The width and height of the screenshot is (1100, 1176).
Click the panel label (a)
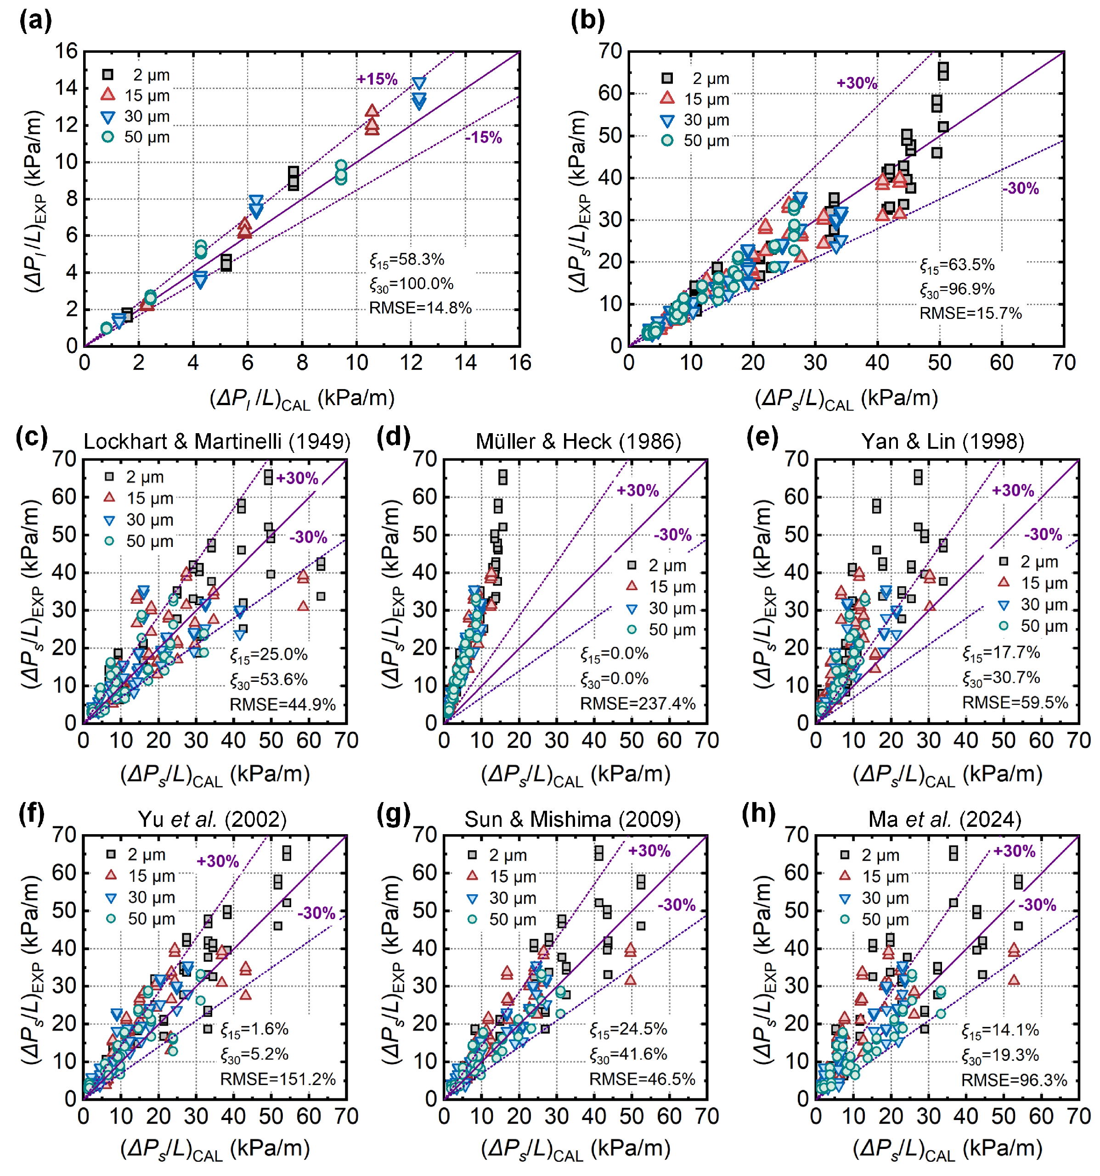tap(35, 21)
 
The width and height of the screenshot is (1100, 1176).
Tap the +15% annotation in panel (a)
tap(377, 79)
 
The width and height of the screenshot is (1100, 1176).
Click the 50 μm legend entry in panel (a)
tap(136, 137)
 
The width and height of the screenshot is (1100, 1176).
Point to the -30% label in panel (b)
tap(1020, 189)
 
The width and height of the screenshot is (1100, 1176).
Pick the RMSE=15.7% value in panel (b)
tap(970, 313)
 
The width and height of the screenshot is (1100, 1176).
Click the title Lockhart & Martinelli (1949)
tap(217, 441)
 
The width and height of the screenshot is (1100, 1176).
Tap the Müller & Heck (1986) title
tap(578, 441)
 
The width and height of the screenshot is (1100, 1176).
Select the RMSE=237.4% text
tap(637, 703)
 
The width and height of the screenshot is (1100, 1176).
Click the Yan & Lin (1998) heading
tap(942, 441)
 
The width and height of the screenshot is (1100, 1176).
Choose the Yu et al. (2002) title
tap(212, 819)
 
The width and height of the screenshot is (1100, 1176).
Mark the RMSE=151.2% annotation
tap(278, 1079)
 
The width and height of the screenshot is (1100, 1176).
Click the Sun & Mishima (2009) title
tap(572, 819)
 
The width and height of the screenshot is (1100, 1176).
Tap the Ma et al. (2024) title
tap(945, 819)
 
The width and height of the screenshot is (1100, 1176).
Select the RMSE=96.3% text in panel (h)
tap(1014, 1080)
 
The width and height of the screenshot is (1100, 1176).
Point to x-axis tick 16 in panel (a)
tap(520, 362)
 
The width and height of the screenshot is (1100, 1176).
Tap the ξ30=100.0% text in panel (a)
tap(412, 284)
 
